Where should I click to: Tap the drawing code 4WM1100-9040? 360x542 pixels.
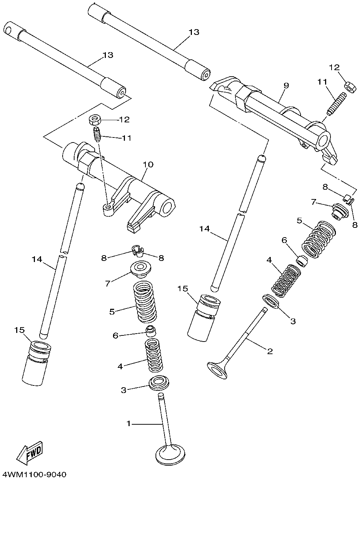(x=34, y=474)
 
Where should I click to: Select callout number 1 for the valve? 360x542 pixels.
(x=129, y=424)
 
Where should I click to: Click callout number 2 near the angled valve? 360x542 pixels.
(x=269, y=351)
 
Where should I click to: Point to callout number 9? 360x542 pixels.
(x=286, y=86)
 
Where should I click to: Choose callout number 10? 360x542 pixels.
(x=148, y=165)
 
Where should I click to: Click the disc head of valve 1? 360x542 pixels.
(x=169, y=455)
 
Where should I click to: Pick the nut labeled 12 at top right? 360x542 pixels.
(x=348, y=86)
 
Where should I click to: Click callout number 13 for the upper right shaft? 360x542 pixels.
(x=194, y=32)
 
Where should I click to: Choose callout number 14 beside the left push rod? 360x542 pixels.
(x=37, y=259)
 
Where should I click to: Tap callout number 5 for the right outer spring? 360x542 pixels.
(x=299, y=220)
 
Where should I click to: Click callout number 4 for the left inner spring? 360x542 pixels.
(x=120, y=366)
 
